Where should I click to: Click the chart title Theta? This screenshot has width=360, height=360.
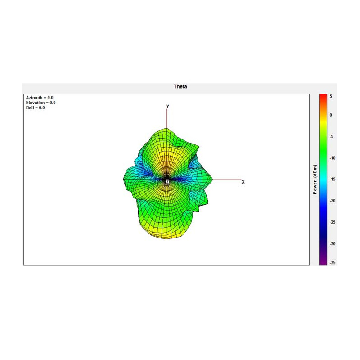click(180, 86)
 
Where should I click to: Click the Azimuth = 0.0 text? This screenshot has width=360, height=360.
click(40, 98)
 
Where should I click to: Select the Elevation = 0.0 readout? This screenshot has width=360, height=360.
click(40, 103)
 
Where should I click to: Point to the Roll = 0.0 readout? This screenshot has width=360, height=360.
click(36, 108)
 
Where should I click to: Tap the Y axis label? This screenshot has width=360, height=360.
click(168, 106)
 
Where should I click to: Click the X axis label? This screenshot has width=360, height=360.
click(243, 182)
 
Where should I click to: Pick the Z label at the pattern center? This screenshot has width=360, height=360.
click(167, 182)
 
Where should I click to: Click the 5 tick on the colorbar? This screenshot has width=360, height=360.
click(331, 96)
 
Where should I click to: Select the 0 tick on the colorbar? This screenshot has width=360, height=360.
click(331, 115)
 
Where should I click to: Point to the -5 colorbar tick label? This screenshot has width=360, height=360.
click(332, 137)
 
